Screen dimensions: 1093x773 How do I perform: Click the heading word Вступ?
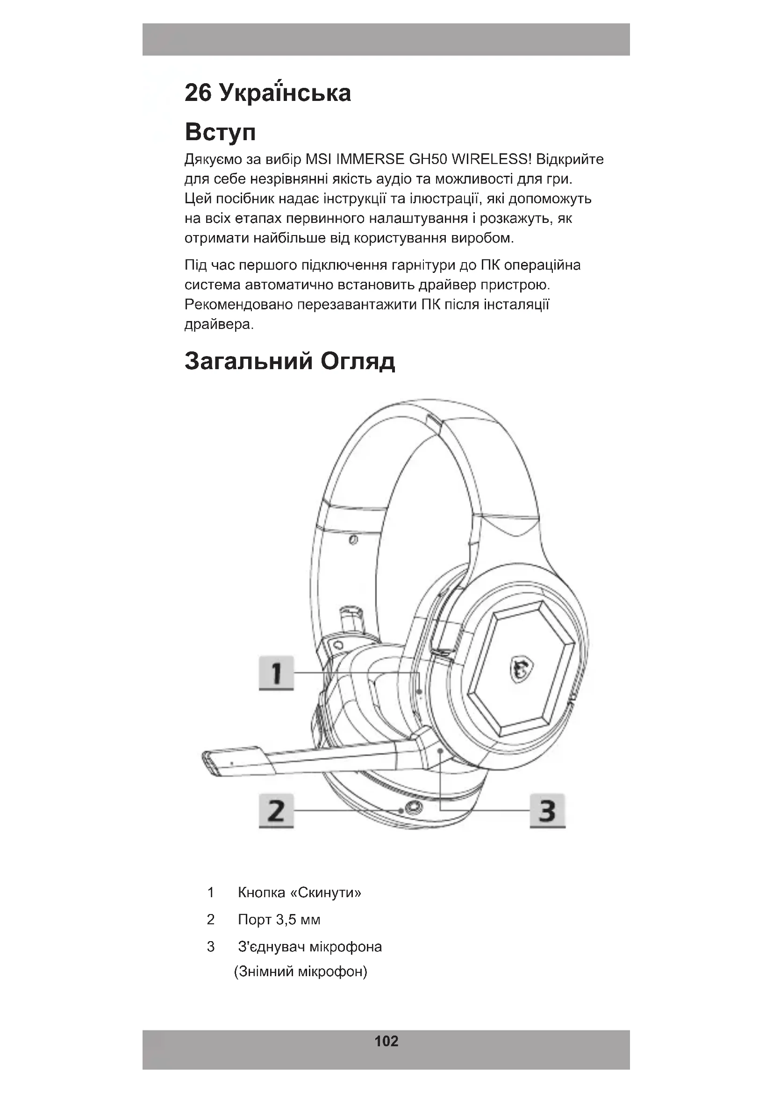[x=220, y=132]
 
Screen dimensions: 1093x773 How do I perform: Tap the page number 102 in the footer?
[x=386, y=1041]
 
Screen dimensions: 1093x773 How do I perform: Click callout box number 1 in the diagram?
[x=276, y=672]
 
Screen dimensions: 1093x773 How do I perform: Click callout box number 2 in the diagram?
[x=276, y=810]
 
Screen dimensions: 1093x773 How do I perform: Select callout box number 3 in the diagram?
[x=547, y=810]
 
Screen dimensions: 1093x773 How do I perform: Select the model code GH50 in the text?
[x=429, y=159]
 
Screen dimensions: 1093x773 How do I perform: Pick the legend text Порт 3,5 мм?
[x=279, y=919]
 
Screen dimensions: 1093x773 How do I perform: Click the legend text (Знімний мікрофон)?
[x=301, y=971]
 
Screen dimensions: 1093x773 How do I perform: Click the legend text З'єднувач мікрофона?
[x=310, y=946]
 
